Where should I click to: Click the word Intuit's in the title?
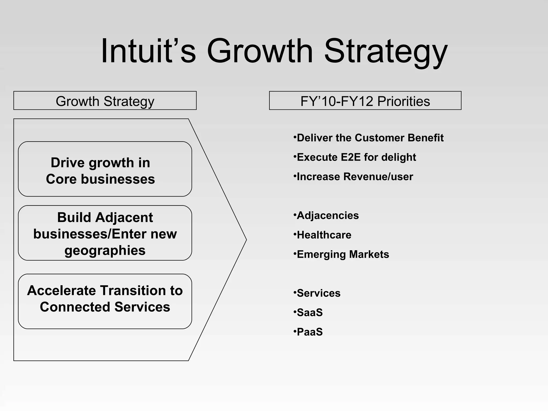click(148, 51)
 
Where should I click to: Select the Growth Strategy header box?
click(105, 101)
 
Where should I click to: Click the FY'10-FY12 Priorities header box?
click(365, 101)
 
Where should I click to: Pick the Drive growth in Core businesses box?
click(105, 169)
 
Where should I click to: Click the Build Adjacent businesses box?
click(105, 233)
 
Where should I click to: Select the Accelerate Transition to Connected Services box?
click(105, 301)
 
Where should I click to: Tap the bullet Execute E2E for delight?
click(356, 157)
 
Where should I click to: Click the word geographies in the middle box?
click(105, 250)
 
